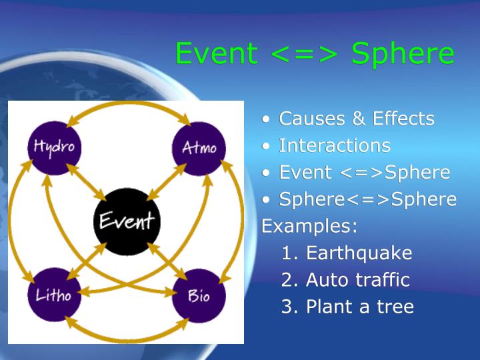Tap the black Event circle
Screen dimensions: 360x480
point(126,221)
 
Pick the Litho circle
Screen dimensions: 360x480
point(54,295)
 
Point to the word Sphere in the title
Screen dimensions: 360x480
point(403,53)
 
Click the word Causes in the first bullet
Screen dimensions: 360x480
point(313,119)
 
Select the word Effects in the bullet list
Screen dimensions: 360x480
point(404,119)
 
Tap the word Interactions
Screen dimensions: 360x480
point(335,145)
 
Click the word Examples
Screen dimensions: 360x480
point(309,225)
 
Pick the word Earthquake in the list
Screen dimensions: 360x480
point(359,253)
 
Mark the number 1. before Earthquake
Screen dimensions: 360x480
point(290,253)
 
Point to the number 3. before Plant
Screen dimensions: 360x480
point(290,307)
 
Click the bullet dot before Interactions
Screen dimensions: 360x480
point(267,146)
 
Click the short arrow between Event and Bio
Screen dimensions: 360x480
point(164,260)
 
